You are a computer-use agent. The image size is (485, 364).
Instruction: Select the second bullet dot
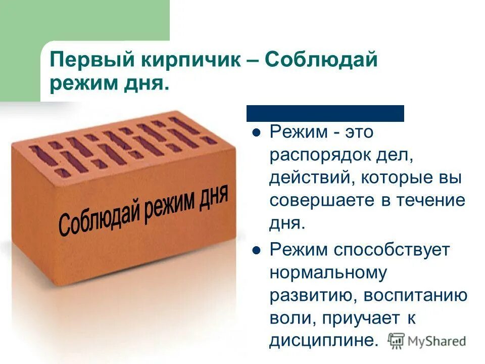[x=256, y=250]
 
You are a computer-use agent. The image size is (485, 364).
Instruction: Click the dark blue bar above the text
[x=325, y=113]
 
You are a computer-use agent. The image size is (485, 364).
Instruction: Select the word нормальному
[x=328, y=273]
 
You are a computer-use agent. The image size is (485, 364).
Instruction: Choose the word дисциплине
[x=323, y=340]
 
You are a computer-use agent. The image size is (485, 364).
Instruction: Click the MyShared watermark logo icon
[x=397, y=340]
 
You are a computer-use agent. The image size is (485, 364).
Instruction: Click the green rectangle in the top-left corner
[x=20, y=51]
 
